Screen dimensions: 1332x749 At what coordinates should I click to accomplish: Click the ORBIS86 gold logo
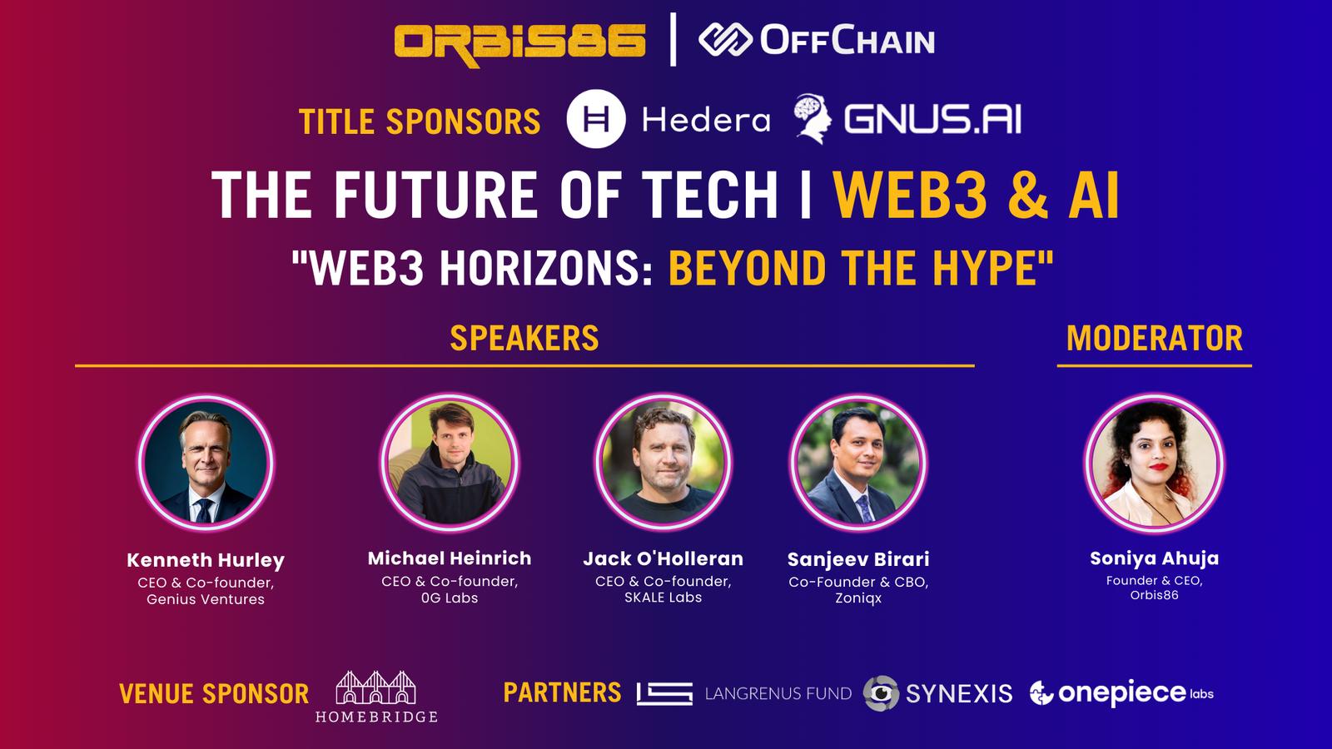coord(519,44)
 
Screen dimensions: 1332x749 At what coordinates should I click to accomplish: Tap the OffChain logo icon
coord(725,40)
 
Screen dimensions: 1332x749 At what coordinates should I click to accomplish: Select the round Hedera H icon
coord(596,119)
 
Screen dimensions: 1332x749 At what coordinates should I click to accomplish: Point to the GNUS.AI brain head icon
coord(813,118)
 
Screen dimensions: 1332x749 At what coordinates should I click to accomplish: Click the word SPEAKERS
coord(524,338)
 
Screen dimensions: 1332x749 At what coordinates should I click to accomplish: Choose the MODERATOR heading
coord(1154,338)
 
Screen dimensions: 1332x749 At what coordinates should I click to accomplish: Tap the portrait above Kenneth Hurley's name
coord(206,463)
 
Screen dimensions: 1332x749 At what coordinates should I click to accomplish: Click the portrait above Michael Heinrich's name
coord(450,463)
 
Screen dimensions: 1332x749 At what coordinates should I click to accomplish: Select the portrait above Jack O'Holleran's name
coord(663,463)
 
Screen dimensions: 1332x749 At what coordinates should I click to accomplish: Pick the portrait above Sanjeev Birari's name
coord(858,463)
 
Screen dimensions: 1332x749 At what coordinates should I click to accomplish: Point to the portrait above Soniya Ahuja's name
coord(1154,463)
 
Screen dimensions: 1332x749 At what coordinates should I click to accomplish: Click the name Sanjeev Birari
coord(858,558)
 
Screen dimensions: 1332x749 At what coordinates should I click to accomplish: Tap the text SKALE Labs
coord(663,598)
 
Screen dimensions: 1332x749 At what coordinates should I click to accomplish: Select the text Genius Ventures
coord(206,599)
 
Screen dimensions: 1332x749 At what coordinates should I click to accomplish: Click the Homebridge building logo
coord(375,696)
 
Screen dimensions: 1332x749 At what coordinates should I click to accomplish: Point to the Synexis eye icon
coord(881,693)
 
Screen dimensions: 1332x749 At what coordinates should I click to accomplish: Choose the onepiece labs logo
coord(1121,693)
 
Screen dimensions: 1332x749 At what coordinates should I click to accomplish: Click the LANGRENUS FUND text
coord(778,694)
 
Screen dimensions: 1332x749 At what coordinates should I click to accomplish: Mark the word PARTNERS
coord(562,692)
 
